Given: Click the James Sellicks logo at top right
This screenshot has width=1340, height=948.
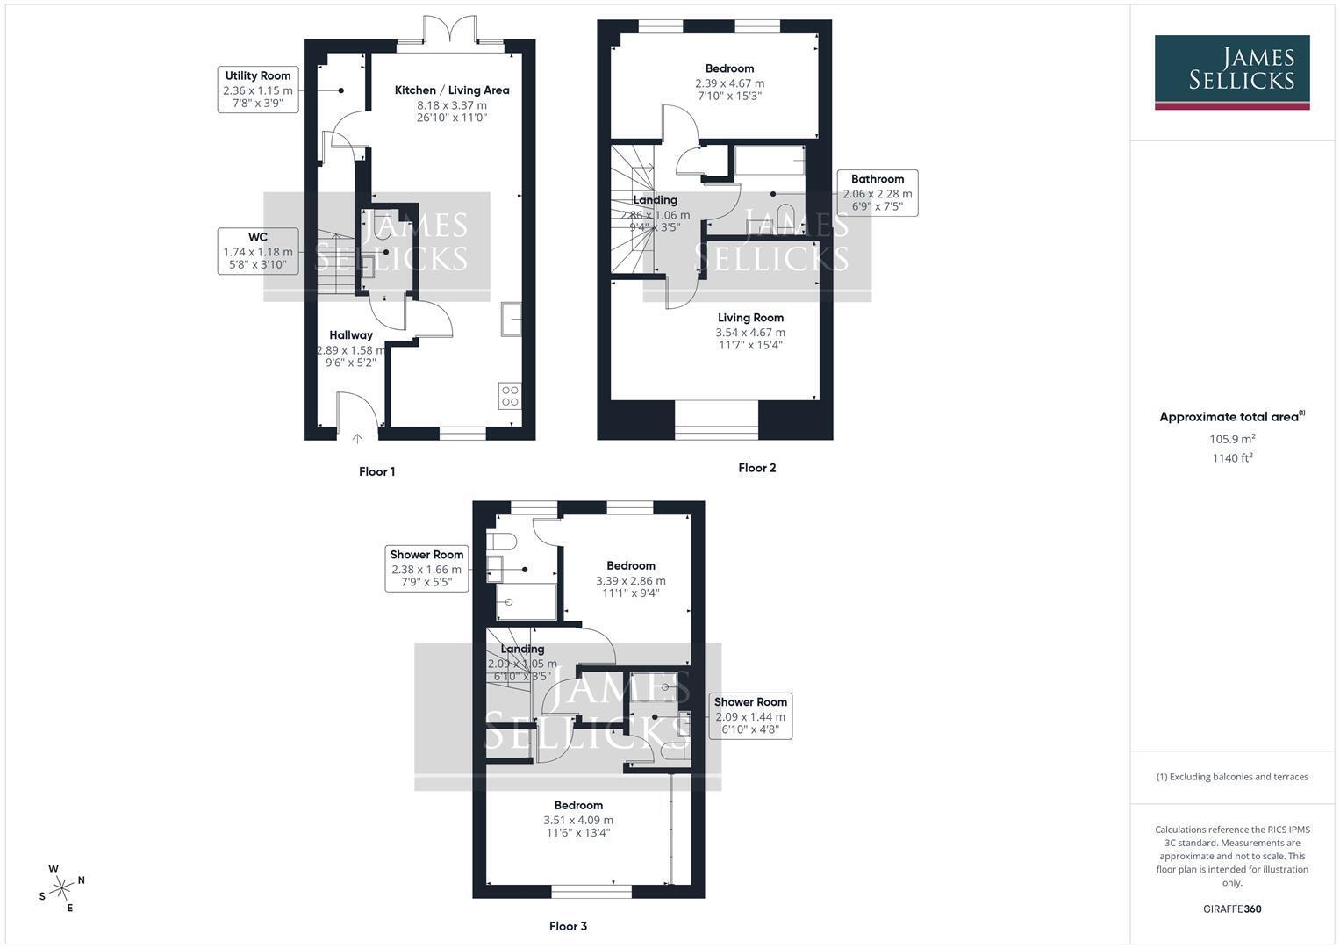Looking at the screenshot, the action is click(x=1232, y=72).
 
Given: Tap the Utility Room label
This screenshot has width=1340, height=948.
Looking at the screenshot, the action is click(x=258, y=90).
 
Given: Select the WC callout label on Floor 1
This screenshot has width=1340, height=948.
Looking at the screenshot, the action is click(x=258, y=251).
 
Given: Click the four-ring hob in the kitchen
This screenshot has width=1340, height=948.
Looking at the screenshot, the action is click(x=510, y=396).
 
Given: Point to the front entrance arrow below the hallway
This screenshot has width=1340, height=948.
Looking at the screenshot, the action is click(x=357, y=439).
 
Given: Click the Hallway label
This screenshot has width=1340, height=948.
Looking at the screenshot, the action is click(x=351, y=335).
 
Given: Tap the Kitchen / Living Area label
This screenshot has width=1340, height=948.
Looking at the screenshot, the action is click(x=452, y=90).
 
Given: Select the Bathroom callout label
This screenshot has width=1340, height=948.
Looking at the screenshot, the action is click(x=878, y=193).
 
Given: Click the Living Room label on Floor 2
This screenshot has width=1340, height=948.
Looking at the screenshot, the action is click(x=751, y=318).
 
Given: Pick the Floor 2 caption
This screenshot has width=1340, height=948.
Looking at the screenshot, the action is click(x=757, y=468).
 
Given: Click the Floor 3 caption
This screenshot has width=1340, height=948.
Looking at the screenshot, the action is click(x=569, y=926).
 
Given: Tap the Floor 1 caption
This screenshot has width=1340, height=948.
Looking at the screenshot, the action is click(x=376, y=471).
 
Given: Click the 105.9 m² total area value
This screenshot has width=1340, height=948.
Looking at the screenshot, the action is click(x=1232, y=439).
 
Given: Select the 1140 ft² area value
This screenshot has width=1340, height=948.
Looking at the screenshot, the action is click(x=1232, y=458).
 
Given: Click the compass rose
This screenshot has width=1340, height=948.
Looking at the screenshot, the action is click(x=61, y=888).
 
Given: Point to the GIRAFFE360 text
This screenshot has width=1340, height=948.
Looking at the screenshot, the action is click(x=1232, y=909).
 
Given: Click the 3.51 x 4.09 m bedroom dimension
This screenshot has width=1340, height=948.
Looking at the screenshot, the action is click(x=578, y=820).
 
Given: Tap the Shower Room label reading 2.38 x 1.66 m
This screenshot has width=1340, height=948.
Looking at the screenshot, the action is click(x=426, y=569).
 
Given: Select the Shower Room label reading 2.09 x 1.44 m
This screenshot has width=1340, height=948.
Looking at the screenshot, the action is click(x=751, y=715).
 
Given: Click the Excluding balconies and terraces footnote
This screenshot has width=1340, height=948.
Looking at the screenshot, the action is click(x=1232, y=777).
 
